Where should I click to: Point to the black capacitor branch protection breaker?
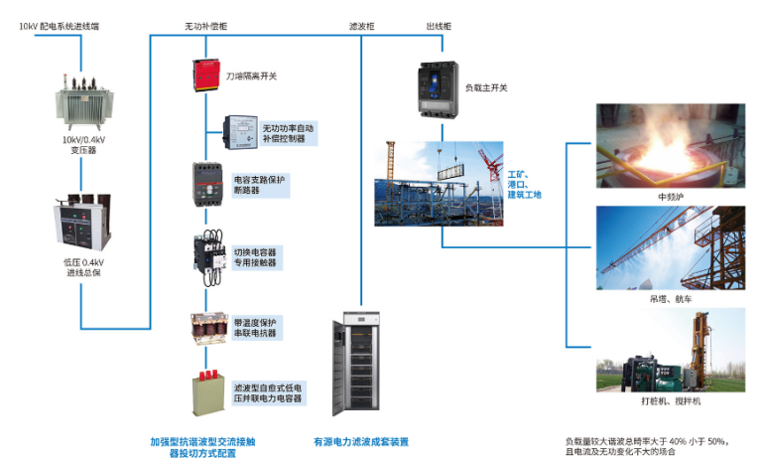click(209, 183)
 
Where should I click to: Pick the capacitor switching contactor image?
click(208, 253)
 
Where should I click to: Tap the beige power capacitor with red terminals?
click(209, 388)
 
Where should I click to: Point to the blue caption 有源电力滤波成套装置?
click(361, 441)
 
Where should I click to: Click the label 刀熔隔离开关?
click(252, 76)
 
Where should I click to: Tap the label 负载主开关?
click(487, 87)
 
